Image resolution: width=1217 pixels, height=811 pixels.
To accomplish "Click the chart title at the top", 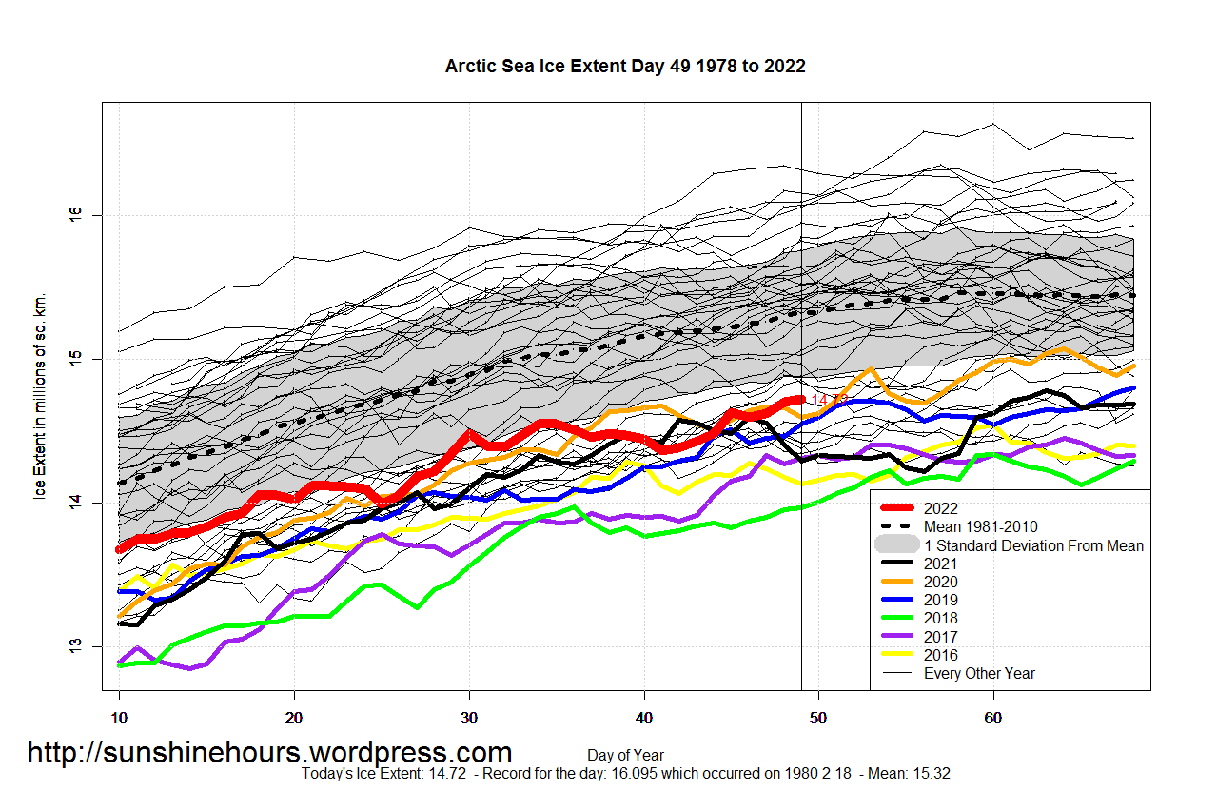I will pyautogui.click(x=625, y=66).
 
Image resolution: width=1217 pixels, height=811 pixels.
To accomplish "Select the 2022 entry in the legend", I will pyautogui.click(x=940, y=508).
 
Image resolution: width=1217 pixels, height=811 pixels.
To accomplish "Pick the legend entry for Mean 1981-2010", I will pyautogui.click(x=980, y=526).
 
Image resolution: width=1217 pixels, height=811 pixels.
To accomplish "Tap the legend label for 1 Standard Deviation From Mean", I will pyautogui.click(x=1033, y=545).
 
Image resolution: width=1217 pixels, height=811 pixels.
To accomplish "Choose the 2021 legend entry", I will pyautogui.click(x=940, y=564).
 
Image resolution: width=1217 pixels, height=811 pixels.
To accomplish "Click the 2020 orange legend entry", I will pyautogui.click(x=940, y=582).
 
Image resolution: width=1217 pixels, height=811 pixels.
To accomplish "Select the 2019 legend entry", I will pyautogui.click(x=940, y=600).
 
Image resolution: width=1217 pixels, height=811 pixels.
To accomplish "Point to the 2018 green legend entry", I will pyautogui.click(x=940, y=619).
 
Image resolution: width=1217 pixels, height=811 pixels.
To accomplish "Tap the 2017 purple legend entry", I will pyautogui.click(x=940, y=637).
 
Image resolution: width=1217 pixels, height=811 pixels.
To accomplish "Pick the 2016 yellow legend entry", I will pyautogui.click(x=940, y=655).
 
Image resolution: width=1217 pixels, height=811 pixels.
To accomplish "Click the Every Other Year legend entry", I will pyautogui.click(x=979, y=673).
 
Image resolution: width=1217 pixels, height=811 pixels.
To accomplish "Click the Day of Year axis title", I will pyautogui.click(x=625, y=756).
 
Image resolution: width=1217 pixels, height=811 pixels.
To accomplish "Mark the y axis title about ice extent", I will pyautogui.click(x=40, y=395).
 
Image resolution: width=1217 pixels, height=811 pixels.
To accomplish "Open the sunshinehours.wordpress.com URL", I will pyautogui.click(x=269, y=753).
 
